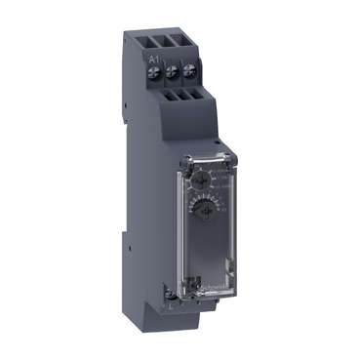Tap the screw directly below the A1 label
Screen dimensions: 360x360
point(154,72)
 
